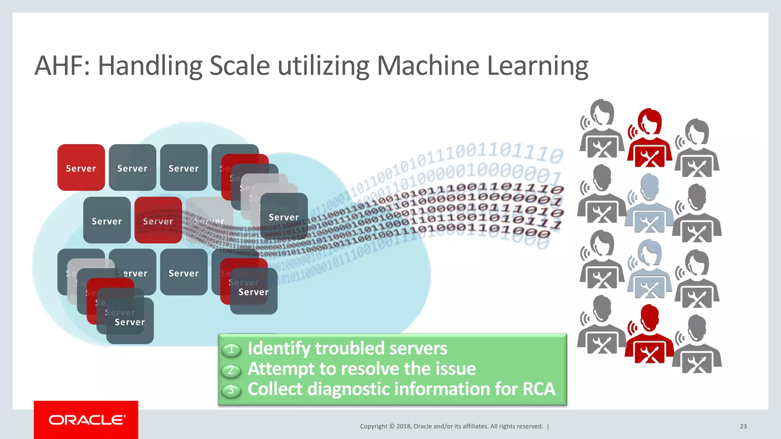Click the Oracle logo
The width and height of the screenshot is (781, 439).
point(87,420)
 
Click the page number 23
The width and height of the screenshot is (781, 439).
point(743,426)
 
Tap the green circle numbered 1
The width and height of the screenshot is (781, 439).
point(231,349)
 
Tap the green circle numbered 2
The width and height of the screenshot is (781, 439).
point(231,370)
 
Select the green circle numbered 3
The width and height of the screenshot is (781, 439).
point(231,390)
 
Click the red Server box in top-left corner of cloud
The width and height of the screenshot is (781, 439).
point(81,168)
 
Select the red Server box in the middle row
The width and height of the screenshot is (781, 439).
point(158,220)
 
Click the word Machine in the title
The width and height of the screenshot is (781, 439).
point(427,66)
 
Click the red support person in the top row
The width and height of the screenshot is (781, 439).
point(650,139)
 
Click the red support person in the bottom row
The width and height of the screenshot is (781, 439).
point(649,335)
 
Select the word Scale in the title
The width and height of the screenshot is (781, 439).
point(239,66)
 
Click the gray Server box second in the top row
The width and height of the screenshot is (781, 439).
point(132,168)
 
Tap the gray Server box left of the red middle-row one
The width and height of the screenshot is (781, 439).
point(107,220)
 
